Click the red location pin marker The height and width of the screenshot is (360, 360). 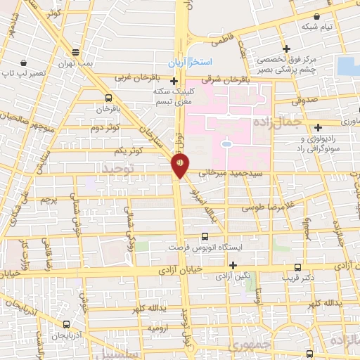pyautogui.click(x=179, y=165)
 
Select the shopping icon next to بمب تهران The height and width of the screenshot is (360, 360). pyautogui.click(x=75, y=52)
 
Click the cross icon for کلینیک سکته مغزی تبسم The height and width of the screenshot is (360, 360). pyautogui.click(x=174, y=81)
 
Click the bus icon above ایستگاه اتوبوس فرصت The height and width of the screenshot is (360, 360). pyautogui.click(x=205, y=236)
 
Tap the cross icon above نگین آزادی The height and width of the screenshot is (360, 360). pyautogui.click(x=233, y=264)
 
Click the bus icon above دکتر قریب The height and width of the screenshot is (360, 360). pyautogui.click(x=298, y=267)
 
